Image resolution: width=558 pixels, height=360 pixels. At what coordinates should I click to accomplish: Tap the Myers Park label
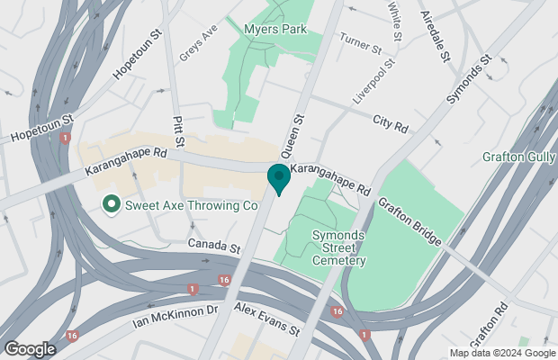tap(275, 29)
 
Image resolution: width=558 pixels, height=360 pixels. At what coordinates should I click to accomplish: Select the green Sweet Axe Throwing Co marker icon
tap(112, 205)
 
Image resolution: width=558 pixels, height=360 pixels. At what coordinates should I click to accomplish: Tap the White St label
tap(394, 15)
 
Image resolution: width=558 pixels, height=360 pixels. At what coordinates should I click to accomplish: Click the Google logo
tap(29, 348)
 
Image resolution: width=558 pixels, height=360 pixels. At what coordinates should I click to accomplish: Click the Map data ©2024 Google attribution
tap(502, 353)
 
